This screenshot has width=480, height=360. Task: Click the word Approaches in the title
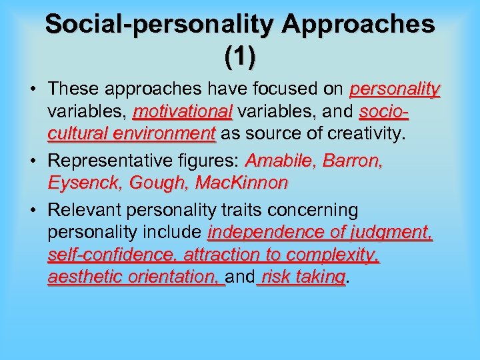click(x=359, y=25)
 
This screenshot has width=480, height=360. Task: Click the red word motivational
click(x=183, y=111)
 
